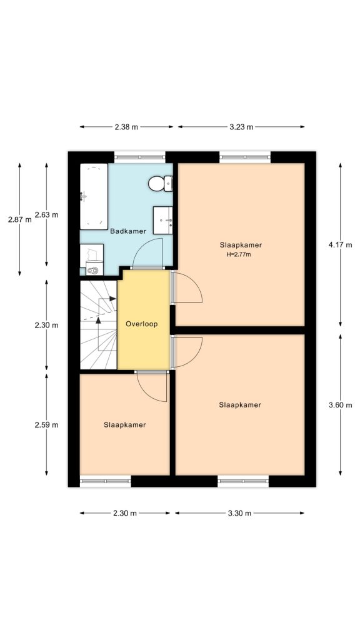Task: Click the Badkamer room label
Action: (x=128, y=231)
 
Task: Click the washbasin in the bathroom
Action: (x=164, y=219)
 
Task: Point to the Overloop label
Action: (x=141, y=324)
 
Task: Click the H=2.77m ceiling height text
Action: (x=240, y=254)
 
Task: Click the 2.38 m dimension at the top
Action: (x=126, y=127)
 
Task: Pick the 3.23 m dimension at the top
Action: (x=241, y=127)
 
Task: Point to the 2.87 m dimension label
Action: (x=19, y=219)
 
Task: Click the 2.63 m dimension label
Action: (x=46, y=214)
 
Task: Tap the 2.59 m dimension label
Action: (x=46, y=425)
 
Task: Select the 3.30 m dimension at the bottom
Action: (x=239, y=513)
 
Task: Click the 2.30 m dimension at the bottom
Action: (x=124, y=513)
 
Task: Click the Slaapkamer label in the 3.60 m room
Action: (x=240, y=405)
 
